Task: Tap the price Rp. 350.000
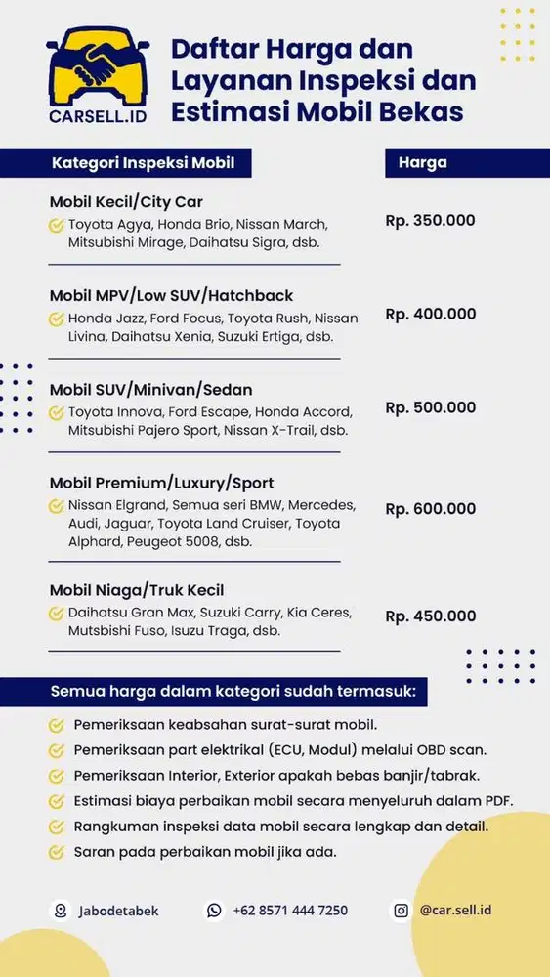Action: point(430,220)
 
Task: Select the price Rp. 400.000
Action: point(431,314)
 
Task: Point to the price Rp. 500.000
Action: point(431,407)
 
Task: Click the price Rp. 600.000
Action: point(431,508)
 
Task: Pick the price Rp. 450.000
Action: point(431,616)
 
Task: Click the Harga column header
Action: point(423,162)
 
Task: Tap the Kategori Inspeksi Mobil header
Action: point(143,162)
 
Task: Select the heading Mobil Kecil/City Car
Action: point(126,202)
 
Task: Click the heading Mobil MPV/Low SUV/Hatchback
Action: point(171,295)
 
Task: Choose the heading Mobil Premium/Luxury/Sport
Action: point(161,483)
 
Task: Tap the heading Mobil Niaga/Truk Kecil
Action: point(137,590)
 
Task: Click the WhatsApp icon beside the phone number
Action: point(214,911)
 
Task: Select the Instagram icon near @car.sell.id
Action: point(401,911)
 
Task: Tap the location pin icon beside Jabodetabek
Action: point(61,911)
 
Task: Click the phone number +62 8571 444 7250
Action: point(290,911)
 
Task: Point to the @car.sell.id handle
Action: point(455,910)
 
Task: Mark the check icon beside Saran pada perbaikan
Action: point(57,852)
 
